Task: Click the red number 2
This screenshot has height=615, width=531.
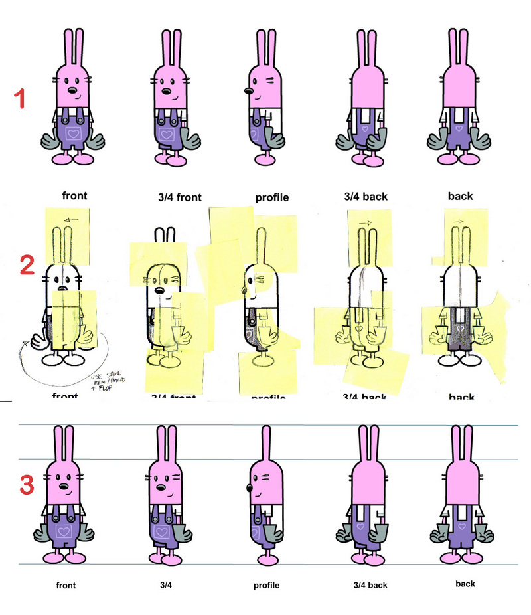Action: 27,266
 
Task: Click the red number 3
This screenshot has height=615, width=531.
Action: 26,485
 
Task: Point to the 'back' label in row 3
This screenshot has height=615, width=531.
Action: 465,584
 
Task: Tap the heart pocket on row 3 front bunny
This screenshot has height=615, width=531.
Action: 64,531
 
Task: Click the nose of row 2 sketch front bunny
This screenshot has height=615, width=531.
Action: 62,288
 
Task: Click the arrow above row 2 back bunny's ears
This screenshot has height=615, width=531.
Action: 457,220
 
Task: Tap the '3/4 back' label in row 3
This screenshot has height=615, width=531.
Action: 370,586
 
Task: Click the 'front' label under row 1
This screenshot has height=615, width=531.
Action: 75,196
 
